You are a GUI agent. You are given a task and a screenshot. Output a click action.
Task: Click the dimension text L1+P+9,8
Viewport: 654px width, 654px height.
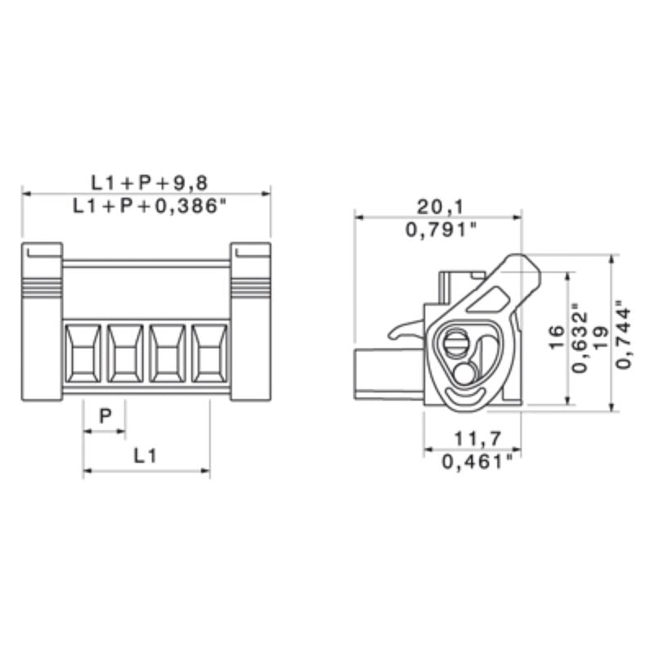(x=146, y=181)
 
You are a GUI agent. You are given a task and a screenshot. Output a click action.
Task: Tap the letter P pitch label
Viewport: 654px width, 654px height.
(x=105, y=416)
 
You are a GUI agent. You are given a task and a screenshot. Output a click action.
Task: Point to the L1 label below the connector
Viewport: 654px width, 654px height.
(x=145, y=455)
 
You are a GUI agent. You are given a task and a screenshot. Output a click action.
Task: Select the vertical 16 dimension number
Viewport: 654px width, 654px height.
(x=555, y=338)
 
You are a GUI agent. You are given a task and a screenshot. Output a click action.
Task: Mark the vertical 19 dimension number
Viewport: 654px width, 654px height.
(x=602, y=338)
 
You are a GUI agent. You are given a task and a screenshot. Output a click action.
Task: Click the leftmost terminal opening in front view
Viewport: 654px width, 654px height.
(x=83, y=353)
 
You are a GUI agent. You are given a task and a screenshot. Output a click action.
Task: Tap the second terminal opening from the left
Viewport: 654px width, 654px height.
(x=125, y=353)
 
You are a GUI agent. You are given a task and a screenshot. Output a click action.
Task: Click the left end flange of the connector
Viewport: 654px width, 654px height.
(x=42, y=322)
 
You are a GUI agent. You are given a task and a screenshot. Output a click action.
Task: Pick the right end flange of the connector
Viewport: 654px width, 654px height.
(x=250, y=322)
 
